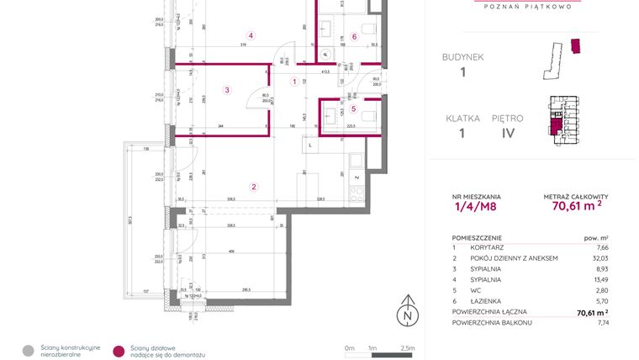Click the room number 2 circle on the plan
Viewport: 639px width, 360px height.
click(x=253, y=187)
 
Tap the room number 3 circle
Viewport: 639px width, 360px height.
click(x=226, y=90)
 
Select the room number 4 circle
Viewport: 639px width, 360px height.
click(x=251, y=35)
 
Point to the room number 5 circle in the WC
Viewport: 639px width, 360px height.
click(x=354, y=108)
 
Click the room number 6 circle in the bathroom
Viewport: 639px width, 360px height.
click(x=354, y=36)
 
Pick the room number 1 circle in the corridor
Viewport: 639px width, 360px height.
click(x=294, y=82)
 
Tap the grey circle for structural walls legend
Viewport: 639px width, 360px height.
click(x=28, y=350)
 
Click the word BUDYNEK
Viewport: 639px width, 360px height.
click(x=462, y=57)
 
